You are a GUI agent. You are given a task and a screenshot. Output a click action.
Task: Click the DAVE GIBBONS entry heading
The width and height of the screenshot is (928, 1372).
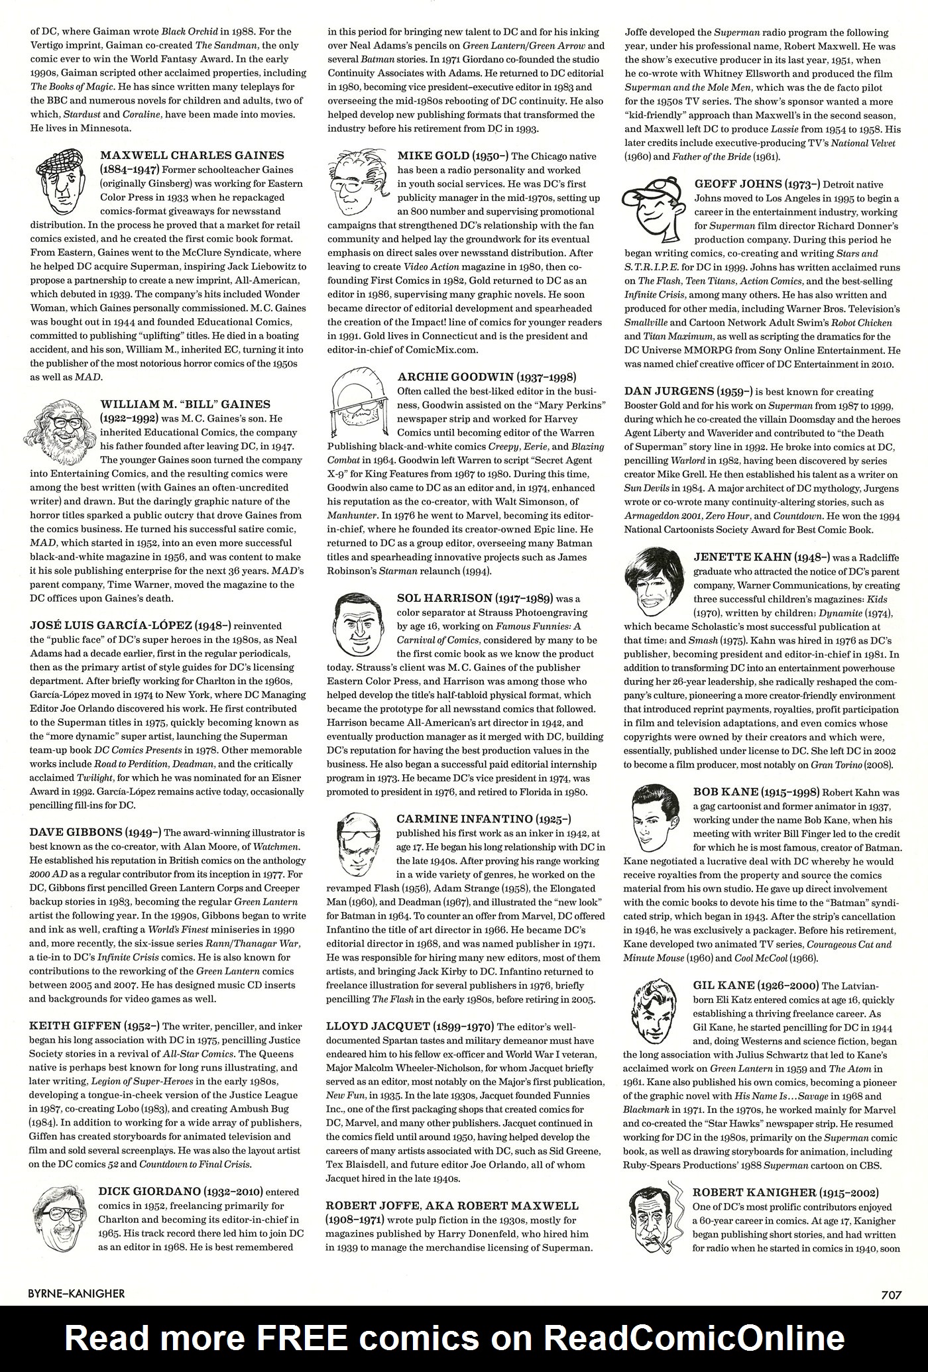pyautogui.click(x=76, y=832)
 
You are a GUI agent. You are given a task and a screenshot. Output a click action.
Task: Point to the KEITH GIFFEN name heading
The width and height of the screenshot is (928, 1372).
pyautogui.click(x=75, y=1026)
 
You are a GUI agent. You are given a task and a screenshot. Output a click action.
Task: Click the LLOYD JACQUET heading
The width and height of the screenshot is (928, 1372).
pyautogui.click(x=377, y=1026)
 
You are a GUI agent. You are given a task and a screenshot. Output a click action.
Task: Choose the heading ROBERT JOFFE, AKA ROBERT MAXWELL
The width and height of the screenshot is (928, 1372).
pyautogui.click(x=452, y=1205)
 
